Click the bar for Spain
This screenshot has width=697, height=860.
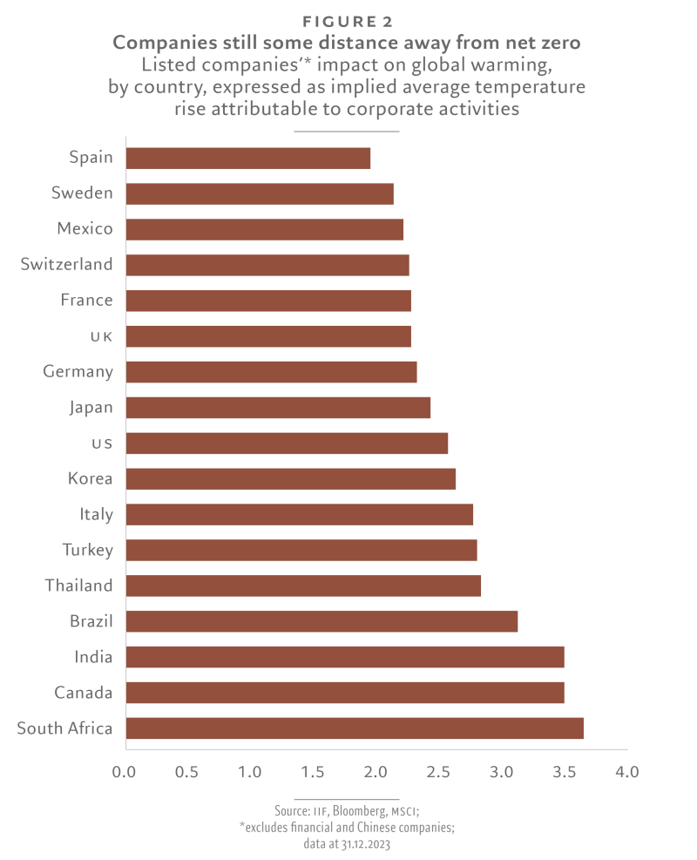[248, 158]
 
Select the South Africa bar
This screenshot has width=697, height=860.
[355, 728]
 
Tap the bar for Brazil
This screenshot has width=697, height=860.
[321, 621]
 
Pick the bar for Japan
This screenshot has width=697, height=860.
[278, 407]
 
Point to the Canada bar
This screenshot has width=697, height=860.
[345, 693]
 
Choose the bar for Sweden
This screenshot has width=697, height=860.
[260, 193]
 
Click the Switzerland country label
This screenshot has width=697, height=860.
[67, 264]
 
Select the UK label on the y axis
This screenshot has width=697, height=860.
[101, 336]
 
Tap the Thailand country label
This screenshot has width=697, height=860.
[79, 586]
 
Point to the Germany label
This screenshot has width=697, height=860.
[78, 372]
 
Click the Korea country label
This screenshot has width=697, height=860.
[91, 478]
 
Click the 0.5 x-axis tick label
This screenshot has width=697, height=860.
[186, 772]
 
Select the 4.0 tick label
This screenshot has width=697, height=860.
[626, 772]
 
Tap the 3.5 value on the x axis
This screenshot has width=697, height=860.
[565, 772]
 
